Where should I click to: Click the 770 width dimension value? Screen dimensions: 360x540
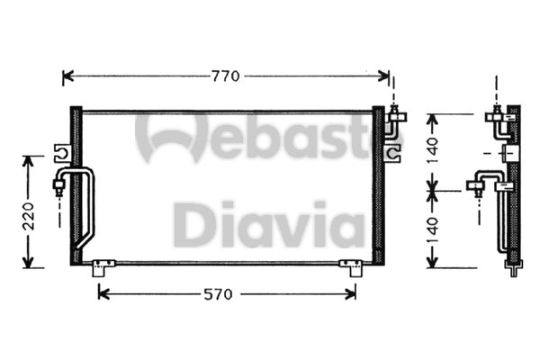pos(226,76)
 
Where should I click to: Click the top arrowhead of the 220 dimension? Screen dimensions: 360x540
pos(29,160)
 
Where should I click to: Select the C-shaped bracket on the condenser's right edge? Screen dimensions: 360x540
pos(391,154)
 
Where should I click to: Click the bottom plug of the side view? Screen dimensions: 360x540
pos(514,266)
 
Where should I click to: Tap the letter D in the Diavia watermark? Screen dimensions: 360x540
pos(192,225)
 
